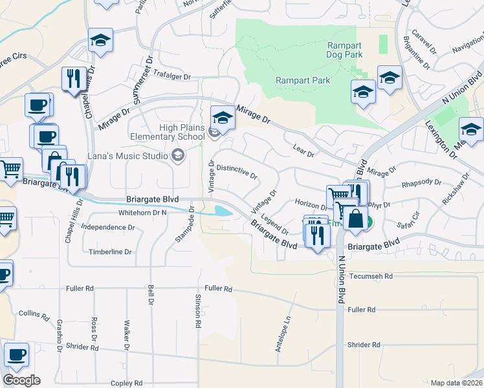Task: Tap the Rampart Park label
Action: coord(303,80)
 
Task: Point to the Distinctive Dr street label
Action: coord(237,172)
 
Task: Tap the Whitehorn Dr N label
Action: coord(142,212)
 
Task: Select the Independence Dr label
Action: coord(108,228)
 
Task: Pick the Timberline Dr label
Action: coord(110,252)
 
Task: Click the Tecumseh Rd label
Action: coord(371,276)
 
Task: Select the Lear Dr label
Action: coord(303,152)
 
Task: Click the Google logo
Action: coord(21,380)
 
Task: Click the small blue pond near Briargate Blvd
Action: coord(221,211)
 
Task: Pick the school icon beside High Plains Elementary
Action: coord(222,118)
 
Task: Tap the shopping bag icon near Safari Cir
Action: coord(355,219)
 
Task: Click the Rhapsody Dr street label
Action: coord(421,183)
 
